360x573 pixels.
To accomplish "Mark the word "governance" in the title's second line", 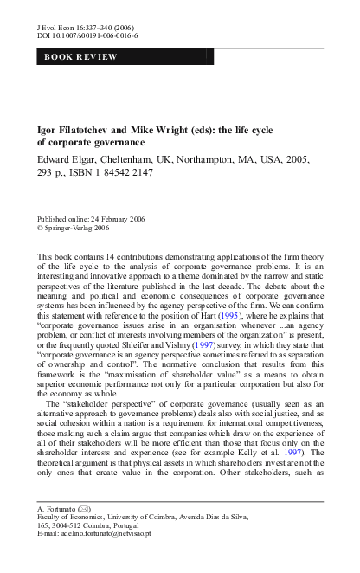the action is pyautogui.click(x=120, y=142).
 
